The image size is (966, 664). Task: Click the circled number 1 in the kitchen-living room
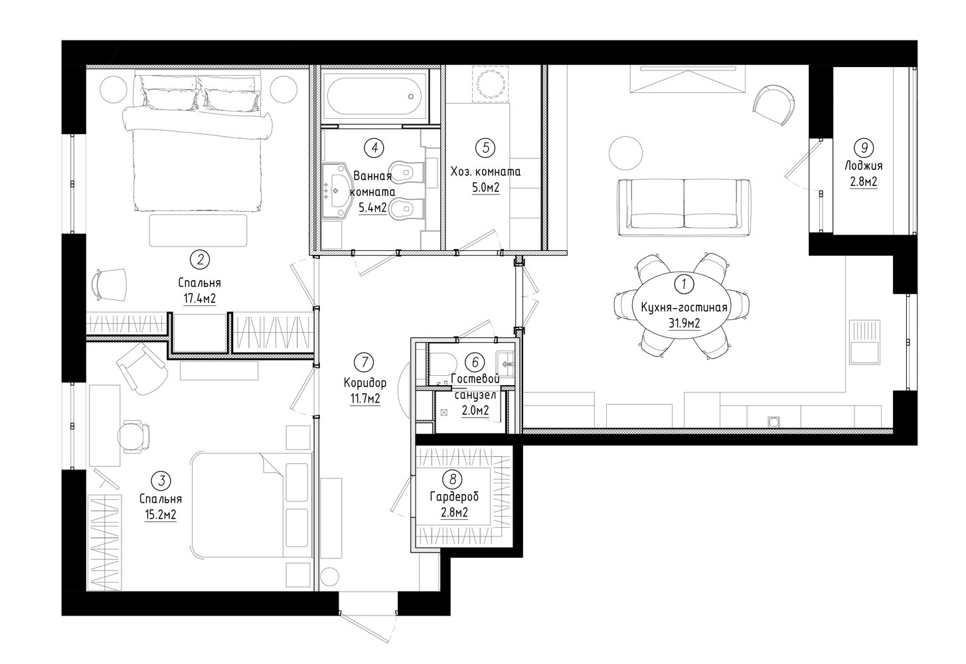tap(684, 285)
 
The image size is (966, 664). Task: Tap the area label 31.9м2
tap(684, 323)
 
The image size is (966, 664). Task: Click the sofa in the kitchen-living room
tap(684, 207)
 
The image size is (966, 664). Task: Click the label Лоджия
tap(863, 166)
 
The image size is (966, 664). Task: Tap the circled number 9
tap(864, 148)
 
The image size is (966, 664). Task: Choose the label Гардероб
tap(454, 497)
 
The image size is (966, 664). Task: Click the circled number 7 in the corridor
tap(365, 362)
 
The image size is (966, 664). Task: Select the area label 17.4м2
tap(200, 299)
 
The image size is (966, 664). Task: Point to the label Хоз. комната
tap(485, 171)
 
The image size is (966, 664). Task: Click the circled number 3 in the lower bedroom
tap(162, 481)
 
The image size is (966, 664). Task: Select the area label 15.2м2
tap(161, 515)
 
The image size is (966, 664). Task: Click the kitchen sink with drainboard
tap(864, 343)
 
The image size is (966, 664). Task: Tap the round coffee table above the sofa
tap(625, 153)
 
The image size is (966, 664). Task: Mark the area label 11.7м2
tap(365, 398)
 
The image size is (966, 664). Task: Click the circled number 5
tap(485, 148)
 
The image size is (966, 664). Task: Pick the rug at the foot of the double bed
tap(199, 230)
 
